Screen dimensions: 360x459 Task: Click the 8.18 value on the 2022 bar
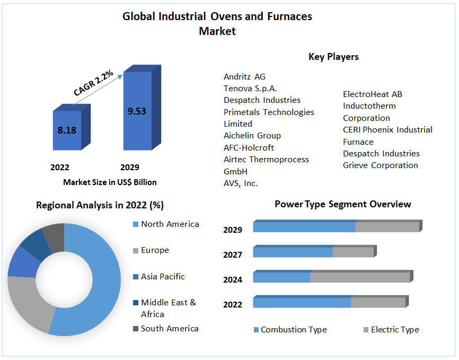coord(67,130)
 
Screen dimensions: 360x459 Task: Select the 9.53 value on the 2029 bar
coord(137,111)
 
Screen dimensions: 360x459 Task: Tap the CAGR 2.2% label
coord(93,83)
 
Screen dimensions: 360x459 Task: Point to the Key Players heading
coord(333,57)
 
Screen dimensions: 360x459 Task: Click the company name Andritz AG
coord(244,76)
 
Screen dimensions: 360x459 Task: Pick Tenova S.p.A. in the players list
coord(250,88)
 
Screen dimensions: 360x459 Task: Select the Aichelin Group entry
coord(252,136)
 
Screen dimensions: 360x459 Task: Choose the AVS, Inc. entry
coord(241,183)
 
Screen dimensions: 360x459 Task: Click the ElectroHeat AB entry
coord(372,94)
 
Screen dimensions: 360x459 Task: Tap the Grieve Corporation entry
coord(380,165)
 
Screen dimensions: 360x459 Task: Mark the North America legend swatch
coord(135,224)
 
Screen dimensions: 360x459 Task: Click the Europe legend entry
coord(155,250)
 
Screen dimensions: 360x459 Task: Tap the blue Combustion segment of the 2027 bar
coord(293,252)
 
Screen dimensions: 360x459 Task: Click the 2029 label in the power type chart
coord(233,230)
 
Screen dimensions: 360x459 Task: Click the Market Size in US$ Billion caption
coord(110,182)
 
